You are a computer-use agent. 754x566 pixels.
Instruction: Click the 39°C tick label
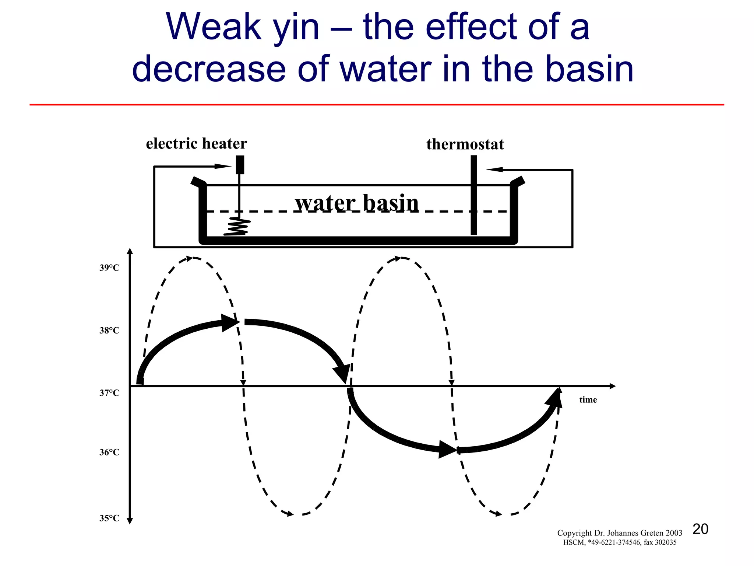click(x=109, y=268)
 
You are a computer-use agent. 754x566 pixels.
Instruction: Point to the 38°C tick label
click(x=109, y=331)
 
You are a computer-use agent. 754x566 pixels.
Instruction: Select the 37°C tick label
click(x=109, y=393)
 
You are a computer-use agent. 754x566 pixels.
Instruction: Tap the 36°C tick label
click(x=109, y=452)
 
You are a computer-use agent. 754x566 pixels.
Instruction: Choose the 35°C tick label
click(x=109, y=518)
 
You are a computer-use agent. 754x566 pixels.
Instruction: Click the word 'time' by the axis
click(x=588, y=400)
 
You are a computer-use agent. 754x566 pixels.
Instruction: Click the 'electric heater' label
click(x=196, y=144)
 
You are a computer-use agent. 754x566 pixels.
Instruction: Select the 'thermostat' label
click(x=465, y=144)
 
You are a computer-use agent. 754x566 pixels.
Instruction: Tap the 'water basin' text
click(x=356, y=203)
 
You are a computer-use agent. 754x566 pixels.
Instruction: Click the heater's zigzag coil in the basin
click(x=237, y=226)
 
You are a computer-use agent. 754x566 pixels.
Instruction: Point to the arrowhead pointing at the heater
click(x=223, y=166)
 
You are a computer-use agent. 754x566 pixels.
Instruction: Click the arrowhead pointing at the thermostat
click(x=494, y=170)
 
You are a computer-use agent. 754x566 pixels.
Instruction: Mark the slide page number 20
click(x=700, y=529)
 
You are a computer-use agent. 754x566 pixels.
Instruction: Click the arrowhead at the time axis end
click(x=612, y=386)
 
